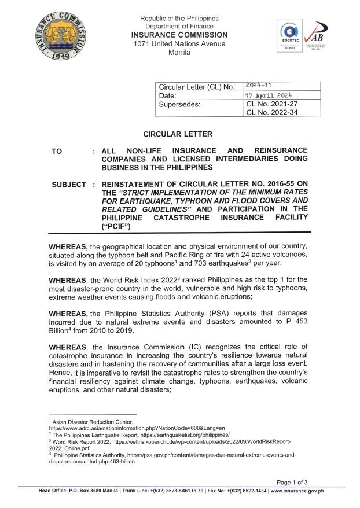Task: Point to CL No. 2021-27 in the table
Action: point(271,104)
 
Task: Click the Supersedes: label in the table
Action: point(183,105)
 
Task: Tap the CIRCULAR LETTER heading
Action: point(179,134)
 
